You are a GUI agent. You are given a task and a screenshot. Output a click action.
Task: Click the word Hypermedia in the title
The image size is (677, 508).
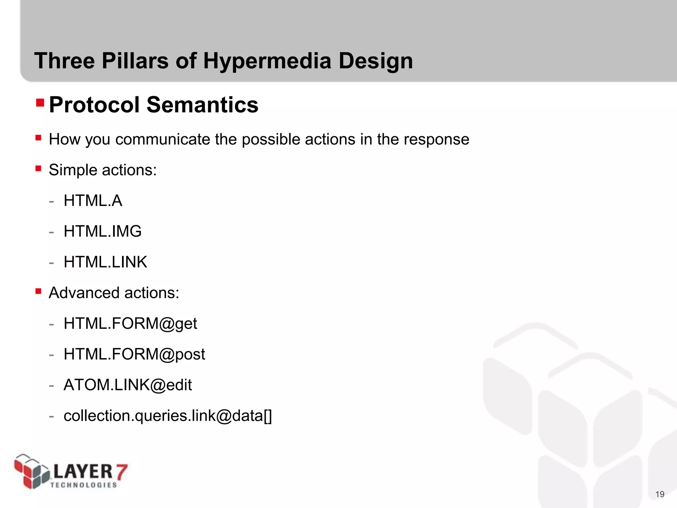pyautogui.click(x=267, y=61)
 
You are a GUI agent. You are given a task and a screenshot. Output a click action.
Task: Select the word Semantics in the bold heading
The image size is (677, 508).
pyautogui.click(x=202, y=105)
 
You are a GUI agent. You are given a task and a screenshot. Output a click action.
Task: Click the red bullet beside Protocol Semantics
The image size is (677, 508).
pyautogui.click(x=40, y=103)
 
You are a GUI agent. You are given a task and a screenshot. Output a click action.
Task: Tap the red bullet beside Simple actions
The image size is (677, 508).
pyautogui.click(x=38, y=169)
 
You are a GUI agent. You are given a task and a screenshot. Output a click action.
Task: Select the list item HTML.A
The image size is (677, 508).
pyautogui.click(x=93, y=201)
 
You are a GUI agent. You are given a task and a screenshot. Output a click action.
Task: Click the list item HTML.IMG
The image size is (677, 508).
pyautogui.click(x=102, y=231)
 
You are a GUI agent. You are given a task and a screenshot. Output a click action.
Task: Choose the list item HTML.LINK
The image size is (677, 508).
pyautogui.click(x=105, y=262)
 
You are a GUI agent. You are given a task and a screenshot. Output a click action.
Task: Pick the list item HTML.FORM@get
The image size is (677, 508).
pyautogui.click(x=130, y=323)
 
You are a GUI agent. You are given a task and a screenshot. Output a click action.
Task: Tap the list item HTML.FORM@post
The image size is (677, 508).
pyautogui.click(x=134, y=354)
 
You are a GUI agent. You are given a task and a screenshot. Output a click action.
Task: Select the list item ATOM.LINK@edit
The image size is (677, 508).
pyautogui.click(x=128, y=385)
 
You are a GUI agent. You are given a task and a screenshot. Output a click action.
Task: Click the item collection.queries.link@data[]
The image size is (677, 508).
pyautogui.click(x=168, y=416)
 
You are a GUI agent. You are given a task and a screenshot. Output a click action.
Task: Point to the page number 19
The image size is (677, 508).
pyautogui.click(x=659, y=494)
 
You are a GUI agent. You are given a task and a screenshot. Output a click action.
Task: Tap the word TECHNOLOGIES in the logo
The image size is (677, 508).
pyautogui.click(x=84, y=485)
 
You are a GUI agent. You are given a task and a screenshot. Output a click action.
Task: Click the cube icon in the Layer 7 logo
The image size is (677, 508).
pyautogui.click(x=31, y=471)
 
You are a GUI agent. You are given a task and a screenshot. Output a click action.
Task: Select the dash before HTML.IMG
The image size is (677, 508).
pyautogui.click(x=51, y=232)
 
